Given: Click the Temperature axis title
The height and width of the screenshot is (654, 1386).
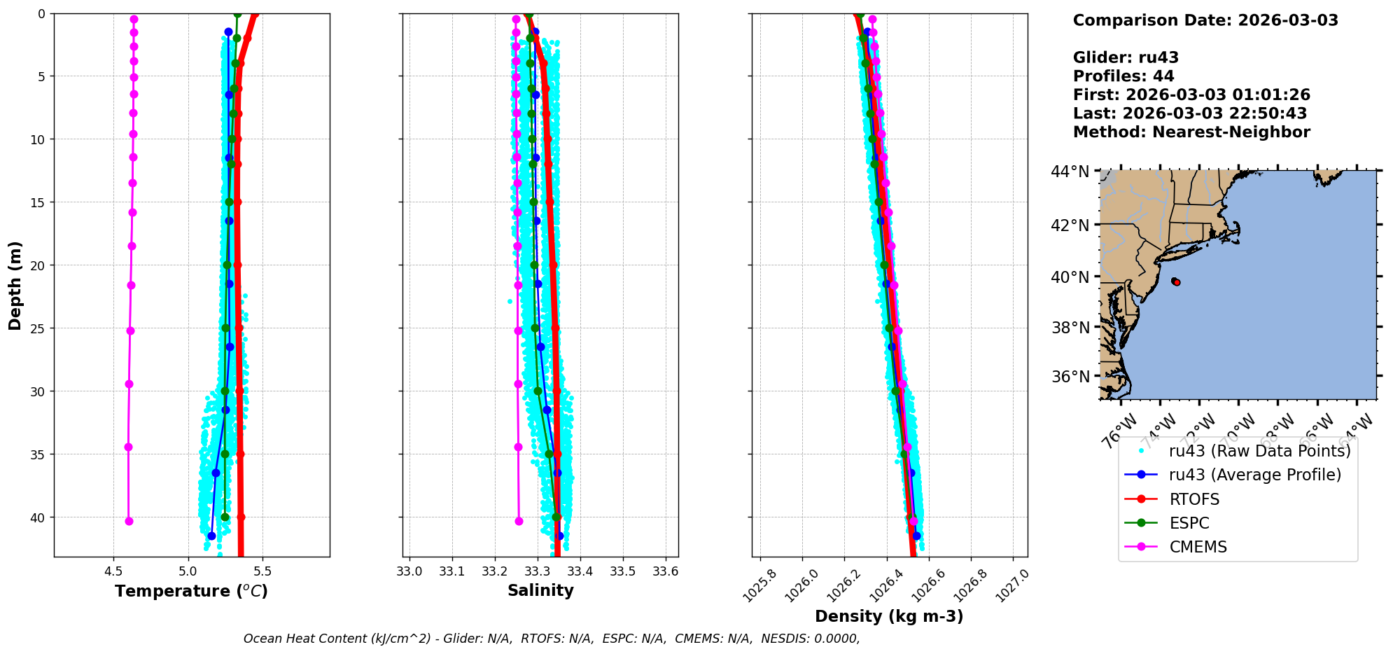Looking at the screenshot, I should tap(191, 591).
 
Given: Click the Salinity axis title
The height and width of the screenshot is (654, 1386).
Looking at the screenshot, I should tap(540, 590).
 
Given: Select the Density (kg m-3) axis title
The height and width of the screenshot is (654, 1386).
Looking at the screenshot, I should tap(889, 616).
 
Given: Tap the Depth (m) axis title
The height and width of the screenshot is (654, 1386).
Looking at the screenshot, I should tap(15, 286).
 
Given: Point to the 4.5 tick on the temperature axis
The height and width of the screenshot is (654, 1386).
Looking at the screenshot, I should tap(113, 571).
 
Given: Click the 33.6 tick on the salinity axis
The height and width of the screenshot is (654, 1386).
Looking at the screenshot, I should tap(665, 571).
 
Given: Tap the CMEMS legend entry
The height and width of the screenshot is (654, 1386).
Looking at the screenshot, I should tap(1198, 547).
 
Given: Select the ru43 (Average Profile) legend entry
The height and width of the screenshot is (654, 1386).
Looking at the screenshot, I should tap(1254, 475).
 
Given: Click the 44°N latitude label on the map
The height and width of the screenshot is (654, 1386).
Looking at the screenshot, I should tap(1070, 172).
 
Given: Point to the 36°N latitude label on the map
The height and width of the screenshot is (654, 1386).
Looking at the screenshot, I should tap(1070, 377).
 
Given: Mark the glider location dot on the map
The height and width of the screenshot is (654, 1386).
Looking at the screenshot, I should tap(1176, 281).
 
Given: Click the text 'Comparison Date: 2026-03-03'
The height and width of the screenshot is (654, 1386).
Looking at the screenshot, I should tap(1205, 20).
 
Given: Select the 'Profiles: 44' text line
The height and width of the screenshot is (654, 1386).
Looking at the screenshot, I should tap(1123, 76).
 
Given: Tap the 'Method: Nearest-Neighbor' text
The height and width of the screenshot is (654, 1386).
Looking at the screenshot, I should tap(1191, 132).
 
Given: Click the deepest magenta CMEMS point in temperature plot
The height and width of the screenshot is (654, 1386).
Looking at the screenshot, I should tap(129, 521).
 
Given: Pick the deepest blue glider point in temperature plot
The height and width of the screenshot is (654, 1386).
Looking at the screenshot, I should tap(211, 536).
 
